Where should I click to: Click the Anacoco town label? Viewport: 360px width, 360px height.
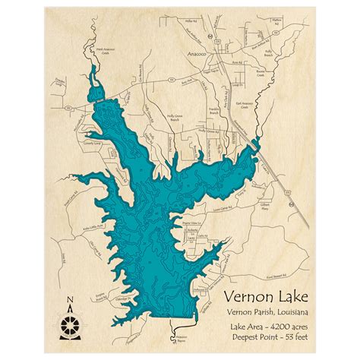[x=197, y=55]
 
